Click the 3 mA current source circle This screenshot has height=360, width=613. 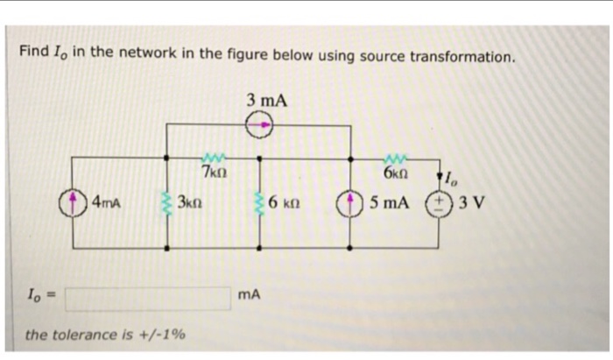(260, 127)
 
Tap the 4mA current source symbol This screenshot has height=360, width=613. (74, 203)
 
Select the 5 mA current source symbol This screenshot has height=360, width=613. (351, 203)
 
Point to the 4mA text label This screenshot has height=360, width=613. (106, 203)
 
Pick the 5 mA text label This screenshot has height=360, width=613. (389, 203)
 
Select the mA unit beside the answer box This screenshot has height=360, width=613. (249, 298)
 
